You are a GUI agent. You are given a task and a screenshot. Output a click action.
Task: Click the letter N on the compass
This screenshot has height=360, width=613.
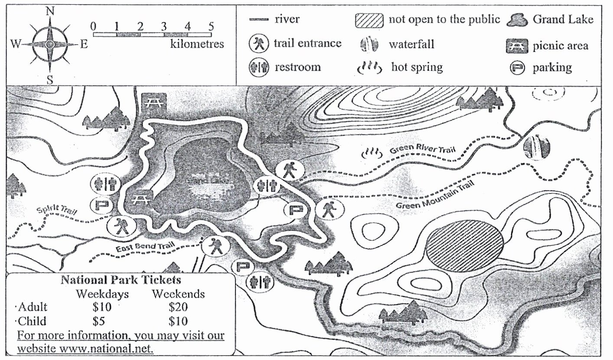[x=50, y=12]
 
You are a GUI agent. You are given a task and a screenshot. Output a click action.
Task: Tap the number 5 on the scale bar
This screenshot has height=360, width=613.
[x=211, y=26]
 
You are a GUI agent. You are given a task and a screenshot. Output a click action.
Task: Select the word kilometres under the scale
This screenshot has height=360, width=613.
[x=197, y=44]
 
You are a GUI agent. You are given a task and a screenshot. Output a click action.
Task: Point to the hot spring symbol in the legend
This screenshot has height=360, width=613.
[x=369, y=68]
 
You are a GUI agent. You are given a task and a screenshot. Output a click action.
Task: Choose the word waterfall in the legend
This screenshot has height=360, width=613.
[x=411, y=44]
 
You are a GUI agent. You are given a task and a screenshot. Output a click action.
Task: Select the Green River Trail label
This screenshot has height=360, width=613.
[x=423, y=148]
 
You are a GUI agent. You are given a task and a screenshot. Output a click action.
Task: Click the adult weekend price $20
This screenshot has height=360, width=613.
[x=178, y=307]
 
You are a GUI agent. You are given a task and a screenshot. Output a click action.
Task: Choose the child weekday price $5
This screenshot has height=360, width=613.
[x=99, y=321]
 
